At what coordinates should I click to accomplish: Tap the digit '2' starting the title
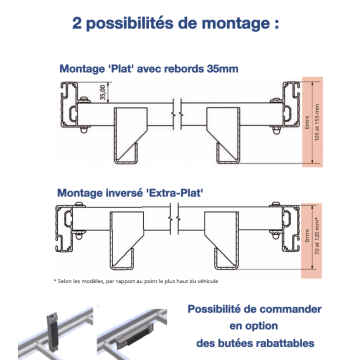[77, 23]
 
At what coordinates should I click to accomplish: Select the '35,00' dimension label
[103, 93]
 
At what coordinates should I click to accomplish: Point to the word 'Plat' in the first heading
[118, 69]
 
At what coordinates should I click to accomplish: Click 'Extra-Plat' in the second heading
[177, 192]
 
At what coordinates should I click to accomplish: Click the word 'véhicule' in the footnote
[205, 281]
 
